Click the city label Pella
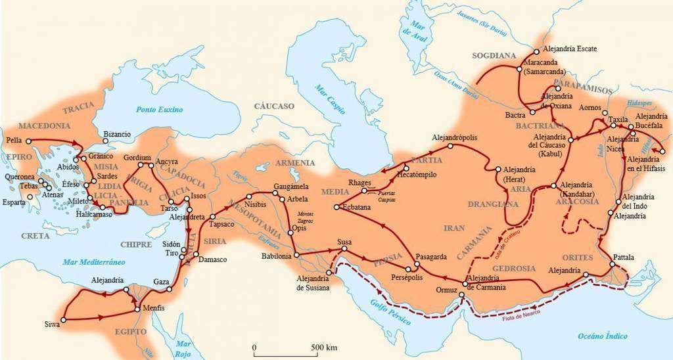13,140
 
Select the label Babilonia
276,256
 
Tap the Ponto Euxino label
160,109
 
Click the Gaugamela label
290,187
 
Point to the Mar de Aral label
417,33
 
